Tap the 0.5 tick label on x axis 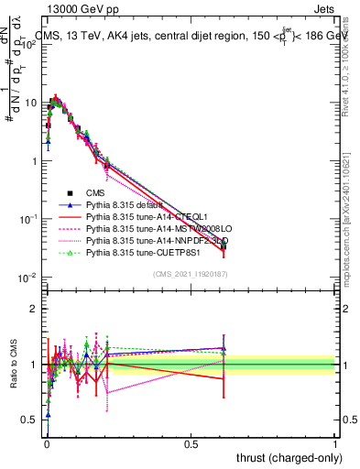click(x=191, y=443)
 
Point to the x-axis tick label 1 click(x=335, y=443)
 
